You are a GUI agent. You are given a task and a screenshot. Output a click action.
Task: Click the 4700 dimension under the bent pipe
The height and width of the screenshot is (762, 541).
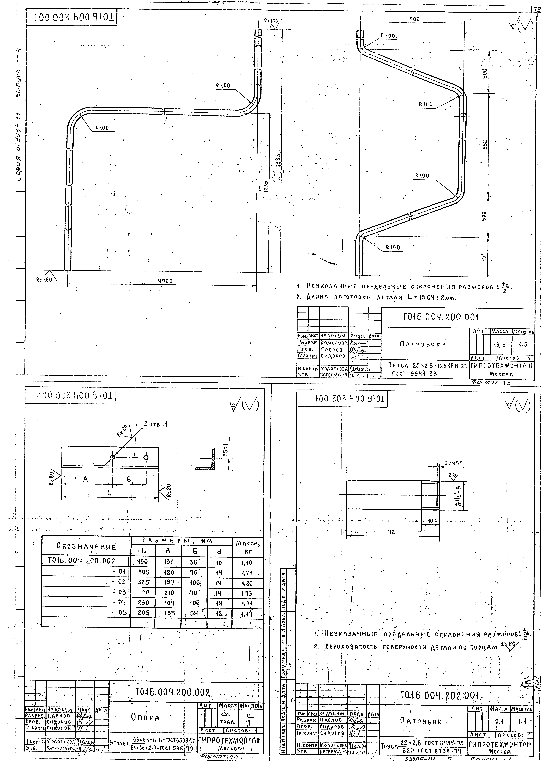(x=165, y=281)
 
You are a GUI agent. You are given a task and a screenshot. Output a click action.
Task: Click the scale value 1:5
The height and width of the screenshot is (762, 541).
(x=523, y=345)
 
